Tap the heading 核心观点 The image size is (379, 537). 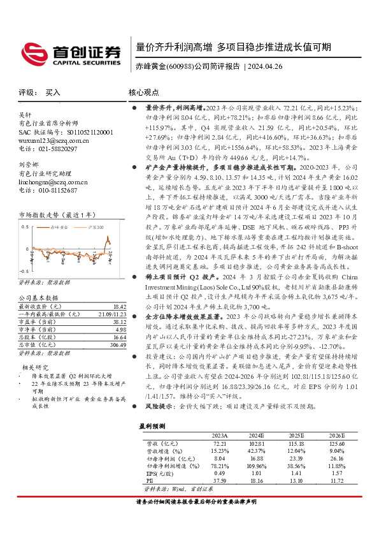144,92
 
